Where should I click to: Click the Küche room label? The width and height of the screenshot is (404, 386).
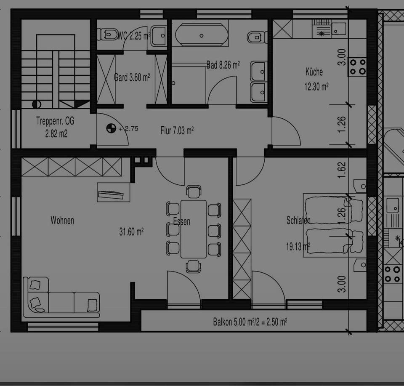coord(314,72)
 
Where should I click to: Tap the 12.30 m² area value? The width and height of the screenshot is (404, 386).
coord(316,87)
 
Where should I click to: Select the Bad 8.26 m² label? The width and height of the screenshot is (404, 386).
coord(223,65)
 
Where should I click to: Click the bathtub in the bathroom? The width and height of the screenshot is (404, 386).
coord(202,36)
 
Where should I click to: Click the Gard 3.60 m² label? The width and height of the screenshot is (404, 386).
coord(132,77)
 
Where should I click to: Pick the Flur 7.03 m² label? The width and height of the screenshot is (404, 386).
coord(177,131)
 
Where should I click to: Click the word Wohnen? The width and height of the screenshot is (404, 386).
coord(62,220)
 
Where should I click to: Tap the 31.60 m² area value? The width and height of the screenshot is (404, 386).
coord(131,232)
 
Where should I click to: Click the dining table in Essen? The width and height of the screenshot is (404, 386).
coord(194,229)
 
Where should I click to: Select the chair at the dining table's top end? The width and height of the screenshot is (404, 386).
coord(194,192)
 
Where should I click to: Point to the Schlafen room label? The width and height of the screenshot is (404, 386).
coord(298,220)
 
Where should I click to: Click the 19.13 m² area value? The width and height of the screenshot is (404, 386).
coord(298,247)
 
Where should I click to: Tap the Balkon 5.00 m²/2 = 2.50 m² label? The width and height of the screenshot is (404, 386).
coord(250,322)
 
